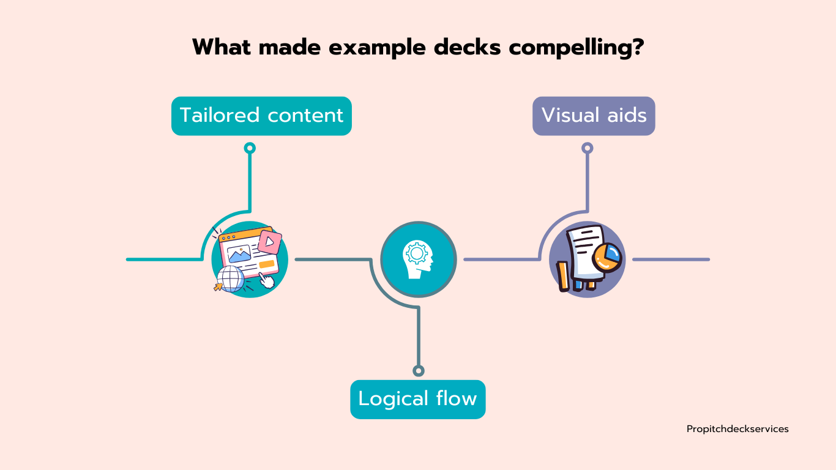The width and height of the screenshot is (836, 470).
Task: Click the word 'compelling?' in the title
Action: (577, 48)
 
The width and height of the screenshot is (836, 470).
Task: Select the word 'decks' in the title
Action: (467, 47)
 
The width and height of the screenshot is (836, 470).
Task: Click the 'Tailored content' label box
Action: (261, 116)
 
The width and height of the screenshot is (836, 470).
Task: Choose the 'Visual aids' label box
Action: (594, 116)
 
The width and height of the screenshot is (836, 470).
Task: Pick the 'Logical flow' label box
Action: (417, 399)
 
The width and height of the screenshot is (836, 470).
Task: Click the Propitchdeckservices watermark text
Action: (737, 429)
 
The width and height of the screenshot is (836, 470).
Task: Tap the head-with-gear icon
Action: (418, 259)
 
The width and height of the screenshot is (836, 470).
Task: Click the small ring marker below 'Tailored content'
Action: (250, 148)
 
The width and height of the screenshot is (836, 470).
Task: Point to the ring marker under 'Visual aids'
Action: (587, 148)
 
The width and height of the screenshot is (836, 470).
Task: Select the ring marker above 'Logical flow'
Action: (419, 371)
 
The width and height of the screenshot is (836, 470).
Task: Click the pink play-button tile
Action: (269, 242)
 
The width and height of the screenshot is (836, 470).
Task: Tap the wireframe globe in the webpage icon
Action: (231, 278)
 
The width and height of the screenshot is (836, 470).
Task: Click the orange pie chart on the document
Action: (606, 257)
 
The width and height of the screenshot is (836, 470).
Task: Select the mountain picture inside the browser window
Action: (239, 254)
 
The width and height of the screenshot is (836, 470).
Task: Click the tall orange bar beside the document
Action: (563, 276)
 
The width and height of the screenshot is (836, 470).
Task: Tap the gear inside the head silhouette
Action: (417, 253)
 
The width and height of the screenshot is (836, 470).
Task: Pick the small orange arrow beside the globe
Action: (218, 286)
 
